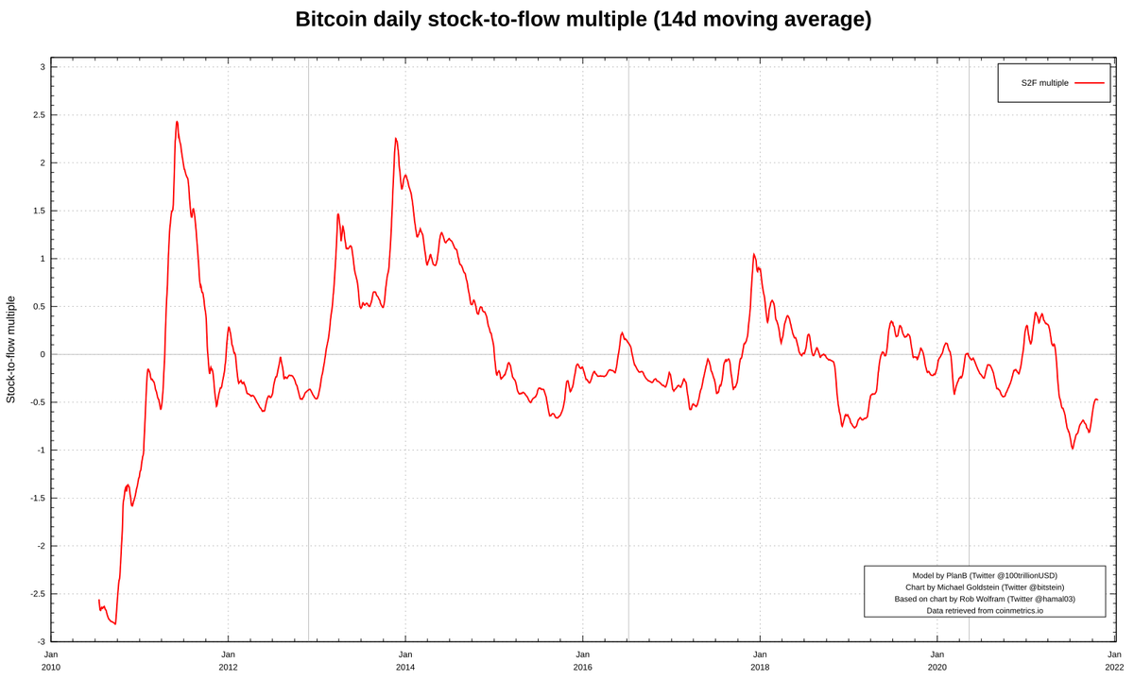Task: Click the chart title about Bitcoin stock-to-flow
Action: [x=583, y=19]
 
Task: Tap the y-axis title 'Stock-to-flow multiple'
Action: [x=11, y=349]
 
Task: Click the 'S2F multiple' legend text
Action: [x=1044, y=83]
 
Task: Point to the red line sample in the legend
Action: [x=1089, y=83]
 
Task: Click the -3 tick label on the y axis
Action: [x=40, y=642]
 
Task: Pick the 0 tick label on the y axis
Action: [x=42, y=354]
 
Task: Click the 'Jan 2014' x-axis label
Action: [x=405, y=660]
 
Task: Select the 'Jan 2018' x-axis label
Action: [x=760, y=660]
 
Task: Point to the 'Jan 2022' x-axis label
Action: [x=1114, y=660]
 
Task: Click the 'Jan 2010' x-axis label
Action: [x=51, y=660]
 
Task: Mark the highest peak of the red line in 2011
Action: [x=177, y=122]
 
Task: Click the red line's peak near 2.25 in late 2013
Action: [x=396, y=139]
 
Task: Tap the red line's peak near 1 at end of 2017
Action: [x=754, y=254]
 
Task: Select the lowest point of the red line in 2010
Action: [x=115, y=624]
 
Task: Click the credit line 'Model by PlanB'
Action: [x=985, y=575]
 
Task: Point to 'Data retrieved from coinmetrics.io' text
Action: [x=985, y=611]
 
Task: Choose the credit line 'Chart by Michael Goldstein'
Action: [x=985, y=587]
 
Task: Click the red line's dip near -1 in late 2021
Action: [x=1073, y=448]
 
